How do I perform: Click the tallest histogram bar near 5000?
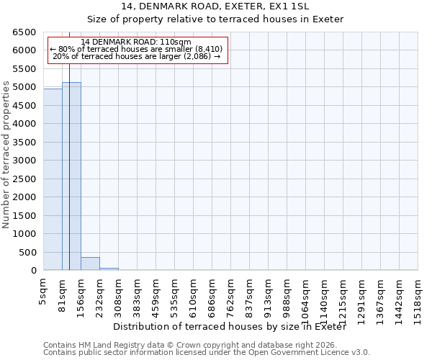[x=71, y=176]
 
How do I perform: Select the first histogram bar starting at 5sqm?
[x=53, y=180]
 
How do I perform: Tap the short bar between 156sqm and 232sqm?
[x=90, y=264]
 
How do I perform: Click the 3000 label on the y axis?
[x=24, y=161]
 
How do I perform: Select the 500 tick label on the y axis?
[x=27, y=253]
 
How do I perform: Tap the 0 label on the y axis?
[x=34, y=271]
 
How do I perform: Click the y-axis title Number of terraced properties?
[x=7, y=155]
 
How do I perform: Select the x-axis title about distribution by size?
[x=230, y=327]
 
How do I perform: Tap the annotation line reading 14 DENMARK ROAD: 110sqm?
[x=136, y=42]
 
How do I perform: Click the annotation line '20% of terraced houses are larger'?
[x=136, y=56]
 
